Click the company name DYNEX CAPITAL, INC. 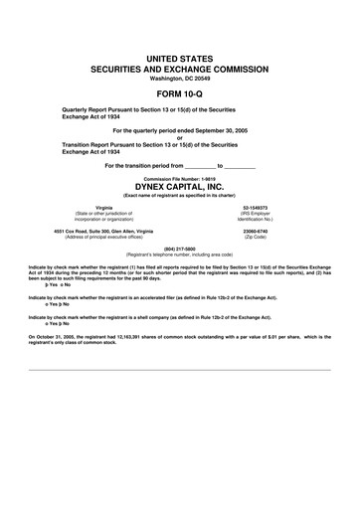coord(180,186)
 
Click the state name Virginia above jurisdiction coord(89,208)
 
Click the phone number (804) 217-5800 coord(180,249)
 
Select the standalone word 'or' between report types coord(180,138)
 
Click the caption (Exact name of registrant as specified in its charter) coord(180,195)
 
